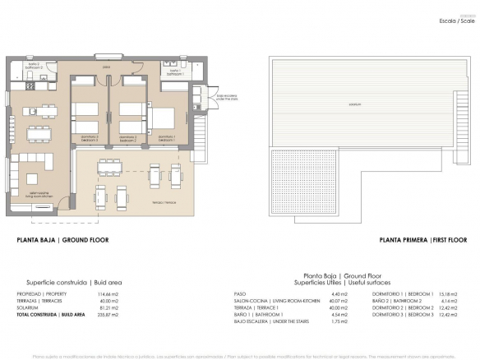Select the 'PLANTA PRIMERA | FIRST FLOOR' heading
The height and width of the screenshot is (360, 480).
pyautogui.click(x=422, y=241)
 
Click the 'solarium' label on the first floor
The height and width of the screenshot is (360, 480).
pyautogui.click(x=355, y=105)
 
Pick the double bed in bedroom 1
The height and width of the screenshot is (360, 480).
pyautogui.click(x=163, y=120)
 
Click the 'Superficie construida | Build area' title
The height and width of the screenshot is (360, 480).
pyautogui.click(x=71, y=280)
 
